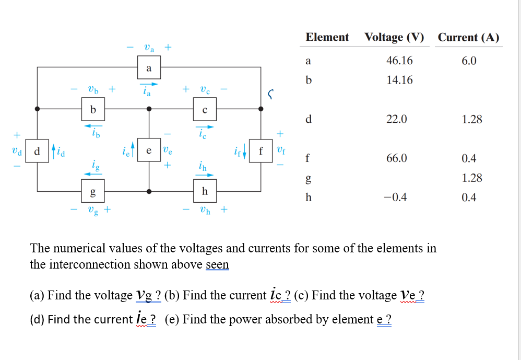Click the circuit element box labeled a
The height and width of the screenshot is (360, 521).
pyautogui.click(x=149, y=68)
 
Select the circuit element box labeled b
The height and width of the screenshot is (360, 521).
pyautogui.click(x=93, y=110)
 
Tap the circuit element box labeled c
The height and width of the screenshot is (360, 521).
pyautogui.click(x=205, y=110)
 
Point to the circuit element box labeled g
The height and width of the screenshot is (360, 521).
pyautogui.click(x=93, y=192)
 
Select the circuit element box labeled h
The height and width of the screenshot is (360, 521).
pyautogui.click(x=205, y=192)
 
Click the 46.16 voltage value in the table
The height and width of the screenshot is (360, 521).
pyautogui.click(x=399, y=61)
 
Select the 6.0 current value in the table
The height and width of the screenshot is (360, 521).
pyautogui.click(x=469, y=61)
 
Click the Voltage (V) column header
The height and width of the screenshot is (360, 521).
pyautogui.click(x=394, y=37)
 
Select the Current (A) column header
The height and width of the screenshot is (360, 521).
pyautogui.click(x=468, y=37)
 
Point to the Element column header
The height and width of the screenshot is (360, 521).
pyautogui.click(x=327, y=37)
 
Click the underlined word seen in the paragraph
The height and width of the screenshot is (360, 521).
pyautogui.click(x=217, y=264)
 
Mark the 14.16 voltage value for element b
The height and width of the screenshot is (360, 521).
pyautogui.click(x=399, y=80)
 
